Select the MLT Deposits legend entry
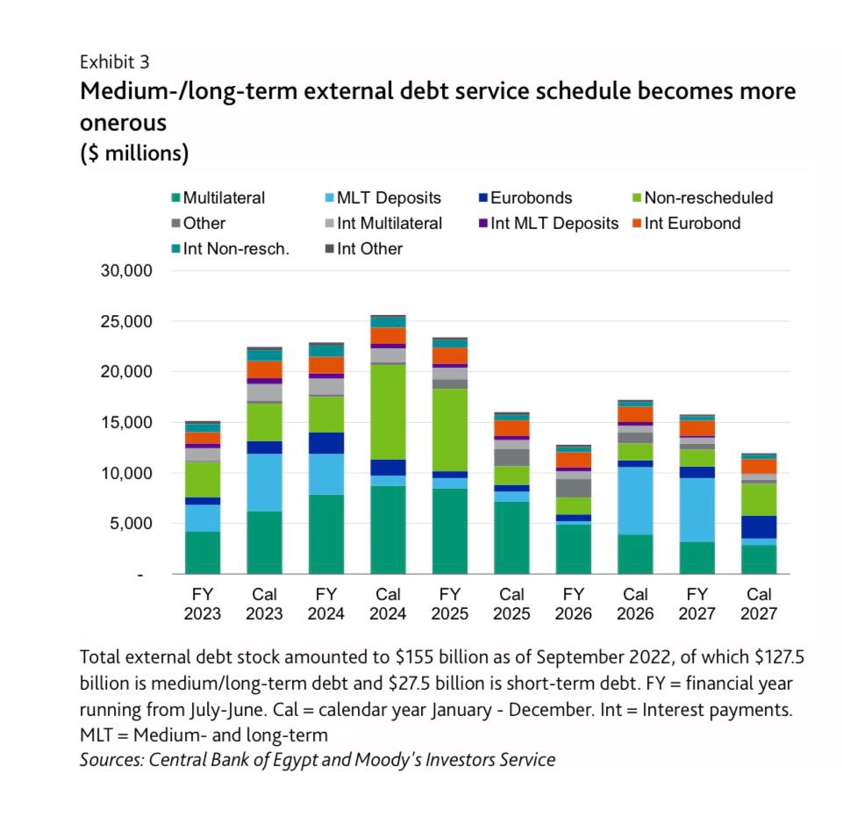[x=389, y=198]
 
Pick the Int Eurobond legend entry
[x=692, y=224]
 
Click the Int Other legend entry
[x=369, y=249]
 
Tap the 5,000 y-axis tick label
[x=132, y=524]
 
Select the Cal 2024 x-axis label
[x=388, y=604]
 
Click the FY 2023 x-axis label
[x=203, y=604]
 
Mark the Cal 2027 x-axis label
[x=758, y=604]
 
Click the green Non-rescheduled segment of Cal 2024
[x=388, y=411]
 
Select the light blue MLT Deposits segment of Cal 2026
[x=635, y=500]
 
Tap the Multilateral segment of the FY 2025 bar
[x=450, y=531]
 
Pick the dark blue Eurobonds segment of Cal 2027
[x=758, y=527]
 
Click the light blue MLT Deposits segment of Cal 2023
[x=264, y=482]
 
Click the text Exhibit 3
[x=114, y=62]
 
